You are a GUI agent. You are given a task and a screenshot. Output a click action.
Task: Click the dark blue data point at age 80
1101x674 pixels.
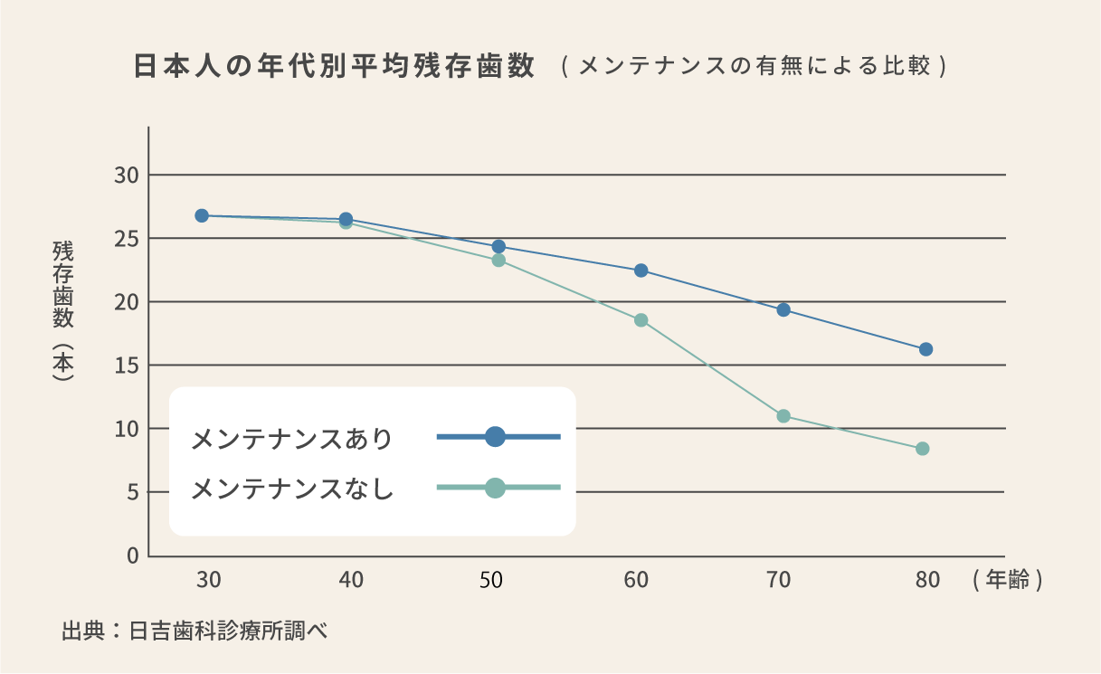click(925, 349)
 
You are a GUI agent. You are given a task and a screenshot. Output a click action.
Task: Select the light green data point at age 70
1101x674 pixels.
click(783, 416)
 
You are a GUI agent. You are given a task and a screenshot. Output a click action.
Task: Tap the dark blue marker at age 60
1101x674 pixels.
click(641, 271)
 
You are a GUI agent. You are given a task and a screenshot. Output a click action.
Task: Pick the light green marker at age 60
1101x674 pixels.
click(641, 320)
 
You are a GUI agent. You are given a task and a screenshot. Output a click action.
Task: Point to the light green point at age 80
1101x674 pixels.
click(923, 449)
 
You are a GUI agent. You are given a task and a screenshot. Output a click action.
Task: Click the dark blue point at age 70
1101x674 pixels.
click(783, 309)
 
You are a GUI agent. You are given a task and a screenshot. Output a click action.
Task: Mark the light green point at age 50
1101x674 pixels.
click(498, 261)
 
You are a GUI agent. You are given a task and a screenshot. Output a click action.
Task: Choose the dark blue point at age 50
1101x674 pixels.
click(498, 246)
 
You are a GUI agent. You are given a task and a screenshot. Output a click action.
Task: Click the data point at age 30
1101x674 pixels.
click(202, 215)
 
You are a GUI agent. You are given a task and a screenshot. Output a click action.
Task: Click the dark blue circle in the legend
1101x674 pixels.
click(495, 437)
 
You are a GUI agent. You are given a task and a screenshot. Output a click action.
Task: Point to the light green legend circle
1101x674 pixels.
click(495, 488)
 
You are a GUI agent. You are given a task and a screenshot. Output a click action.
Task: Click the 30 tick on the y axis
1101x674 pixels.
click(126, 175)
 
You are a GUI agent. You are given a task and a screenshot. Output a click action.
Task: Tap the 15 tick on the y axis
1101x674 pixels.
click(126, 365)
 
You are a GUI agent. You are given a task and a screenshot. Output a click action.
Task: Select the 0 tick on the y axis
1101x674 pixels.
click(132, 555)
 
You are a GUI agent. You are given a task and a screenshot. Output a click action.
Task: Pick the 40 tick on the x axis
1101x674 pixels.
click(350, 580)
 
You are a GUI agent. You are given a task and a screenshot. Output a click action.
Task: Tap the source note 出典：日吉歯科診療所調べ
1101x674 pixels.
click(194, 631)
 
